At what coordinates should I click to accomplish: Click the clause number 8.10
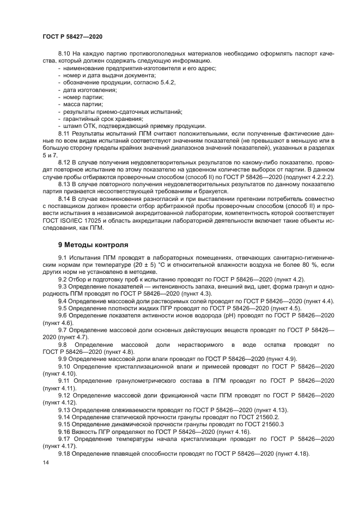(65, 53)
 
